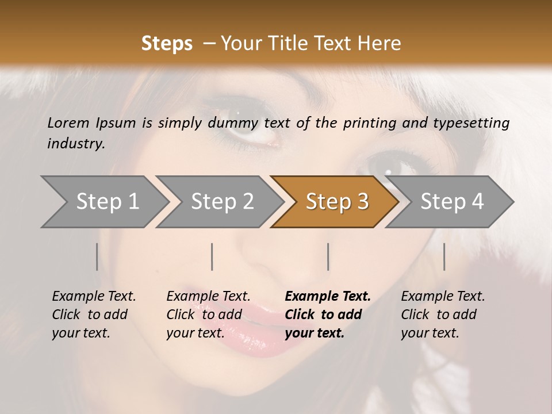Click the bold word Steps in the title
click(167, 44)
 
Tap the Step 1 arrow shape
click(103, 201)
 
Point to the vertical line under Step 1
click(97, 256)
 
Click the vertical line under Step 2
click(212, 256)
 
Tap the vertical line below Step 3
click(328, 256)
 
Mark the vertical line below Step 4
click(444, 256)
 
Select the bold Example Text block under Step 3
click(327, 315)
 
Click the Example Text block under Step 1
click(94, 315)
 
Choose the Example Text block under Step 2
click(208, 315)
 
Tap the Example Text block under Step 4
click(443, 315)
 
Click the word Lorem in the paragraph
click(68, 122)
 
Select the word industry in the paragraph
click(75, 144)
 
